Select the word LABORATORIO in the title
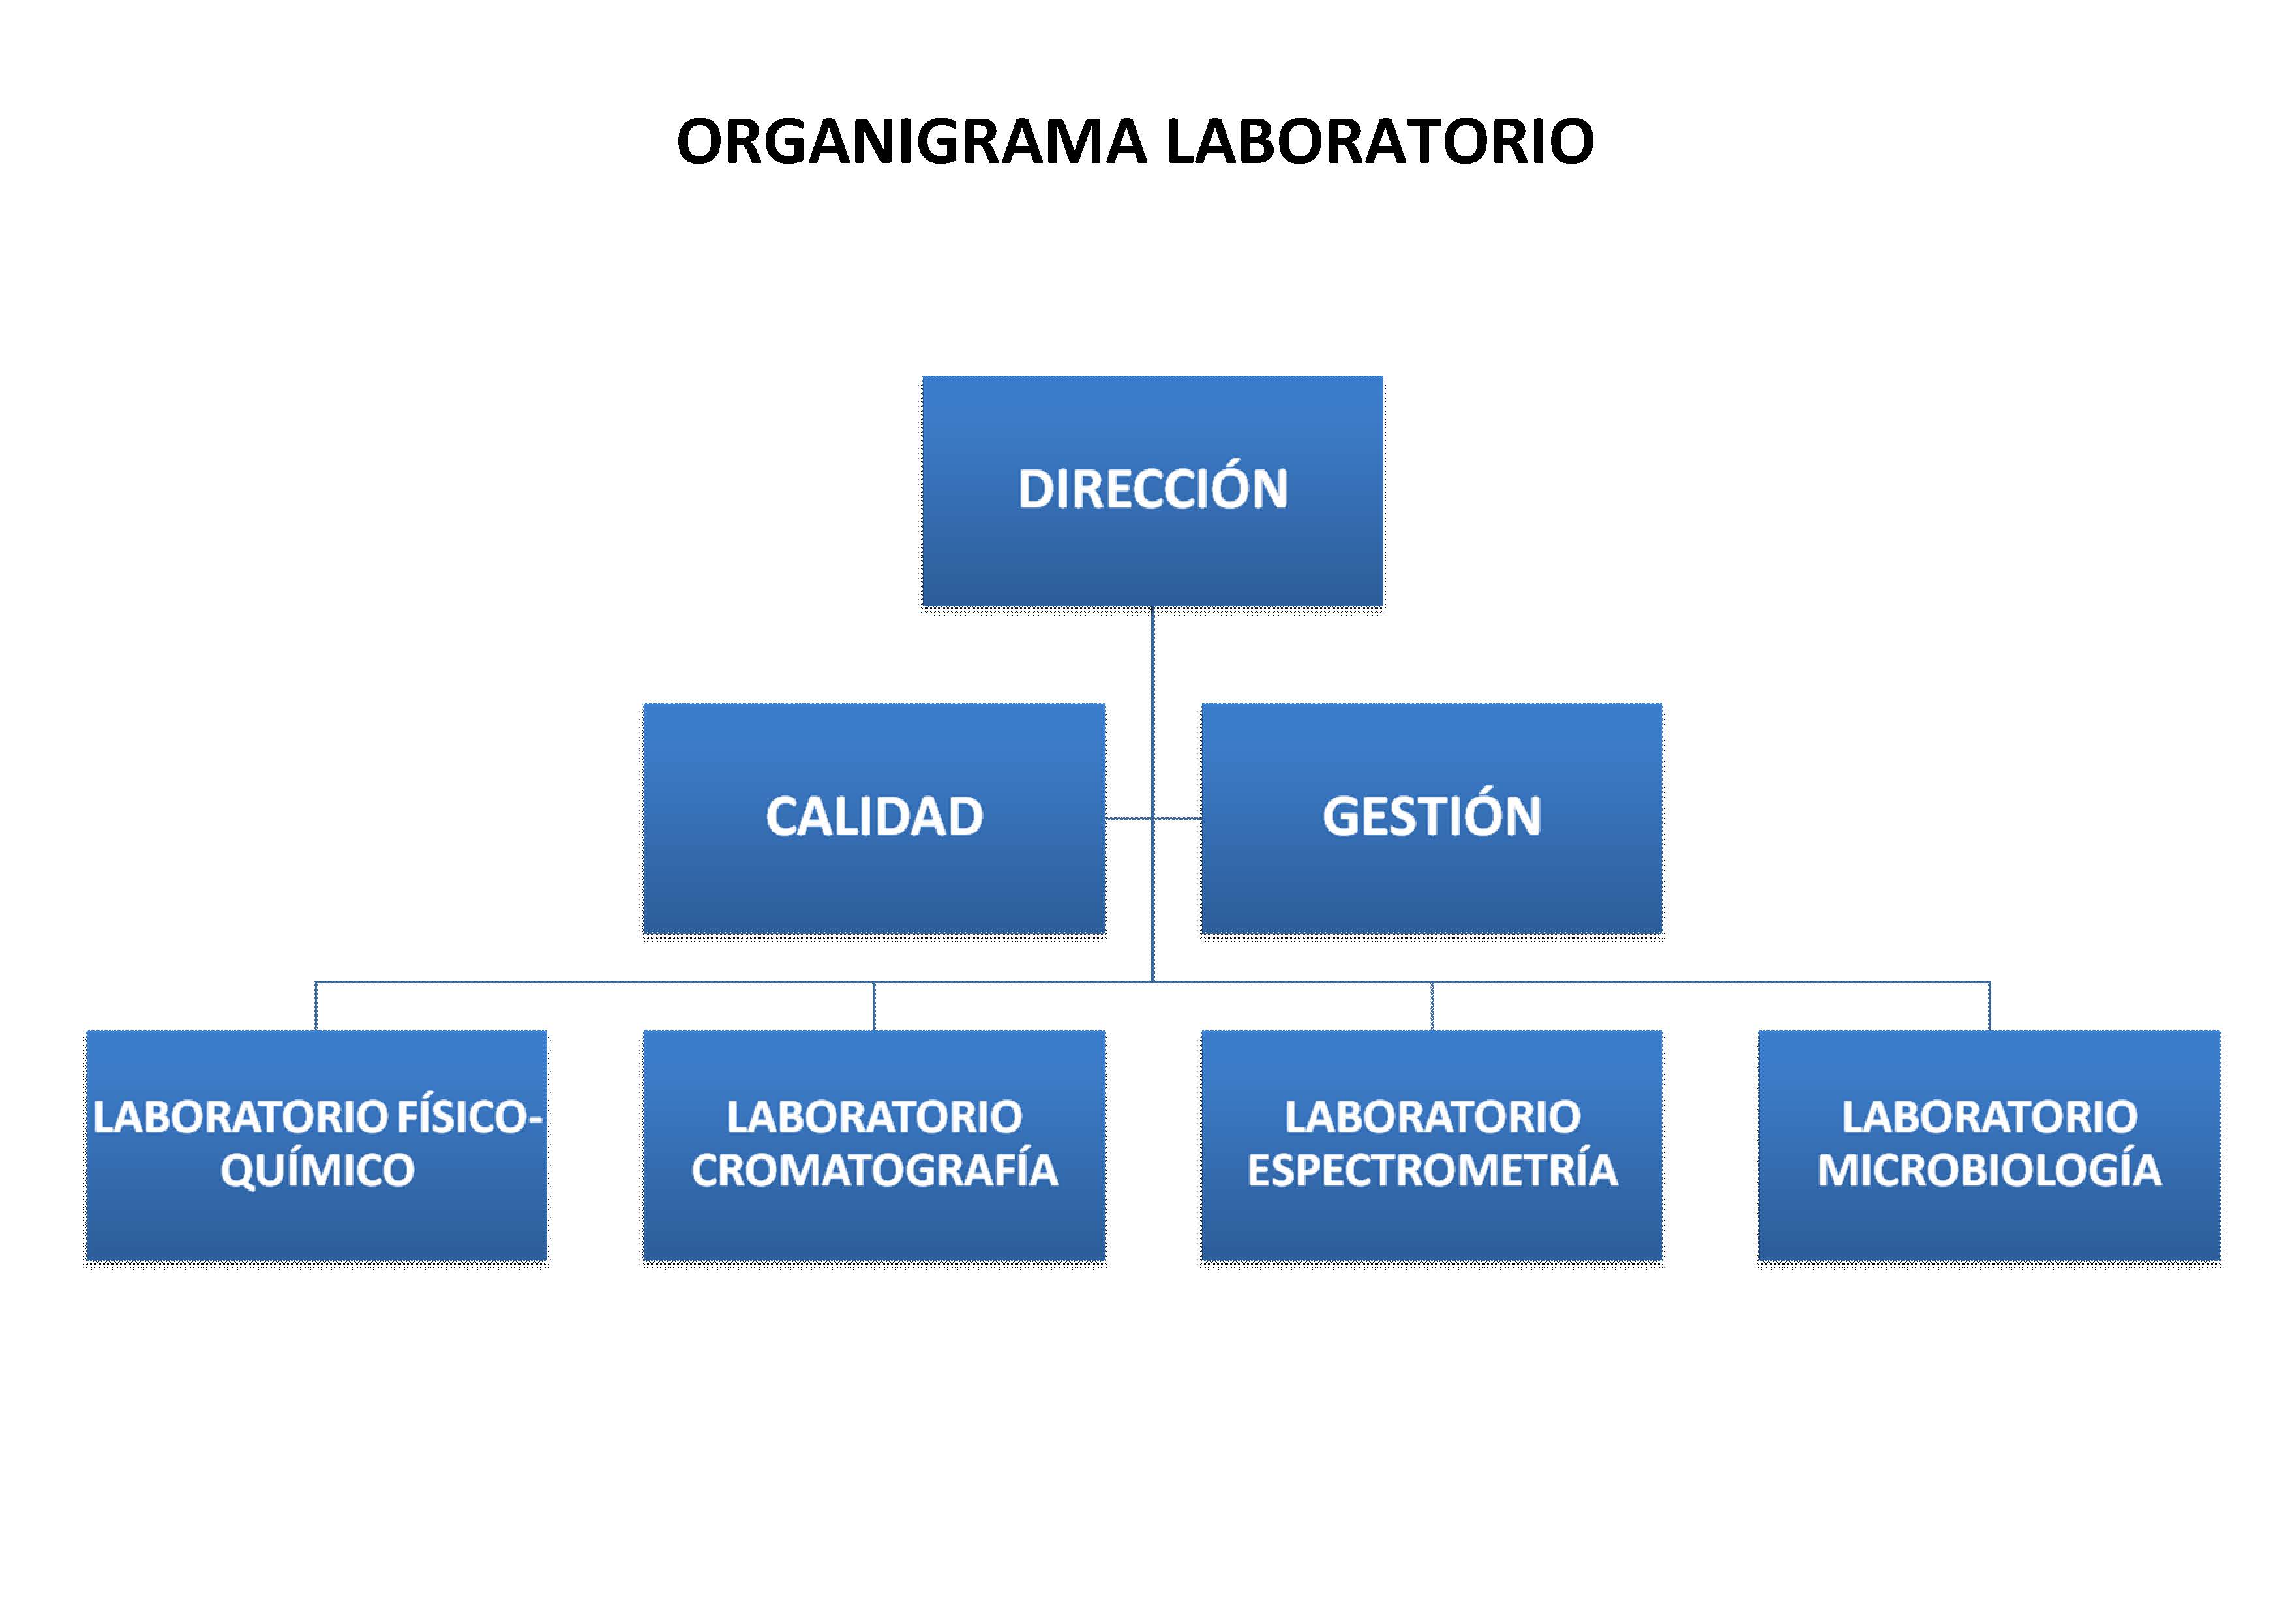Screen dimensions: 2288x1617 (1380, 141)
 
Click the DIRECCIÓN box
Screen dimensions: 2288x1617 (1152, 491)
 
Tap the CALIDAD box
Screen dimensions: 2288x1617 (874, 819)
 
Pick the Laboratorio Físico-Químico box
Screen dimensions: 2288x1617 (316, 1146)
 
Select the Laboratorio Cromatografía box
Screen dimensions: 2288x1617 (874, 1146)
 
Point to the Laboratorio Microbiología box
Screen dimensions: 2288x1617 (1989, 1146)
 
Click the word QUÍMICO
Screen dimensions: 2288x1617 (317, 1170)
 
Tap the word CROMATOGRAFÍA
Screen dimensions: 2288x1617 (874, 1170)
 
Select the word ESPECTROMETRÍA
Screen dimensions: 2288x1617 (1432, 1170)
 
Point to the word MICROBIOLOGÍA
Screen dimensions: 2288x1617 (1989, 1170)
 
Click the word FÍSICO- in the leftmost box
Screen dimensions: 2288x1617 (470, 1117)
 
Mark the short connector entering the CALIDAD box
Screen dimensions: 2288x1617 (1128, 819)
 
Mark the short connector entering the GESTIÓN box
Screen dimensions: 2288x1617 (1177, 819)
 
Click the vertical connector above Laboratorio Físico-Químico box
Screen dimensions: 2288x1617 (316, 1006)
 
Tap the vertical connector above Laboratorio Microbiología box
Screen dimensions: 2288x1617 (1989, 1006)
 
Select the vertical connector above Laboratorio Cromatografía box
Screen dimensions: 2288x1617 (874, 1006)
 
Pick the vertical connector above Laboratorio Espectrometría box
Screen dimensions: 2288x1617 (1432, 1006)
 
